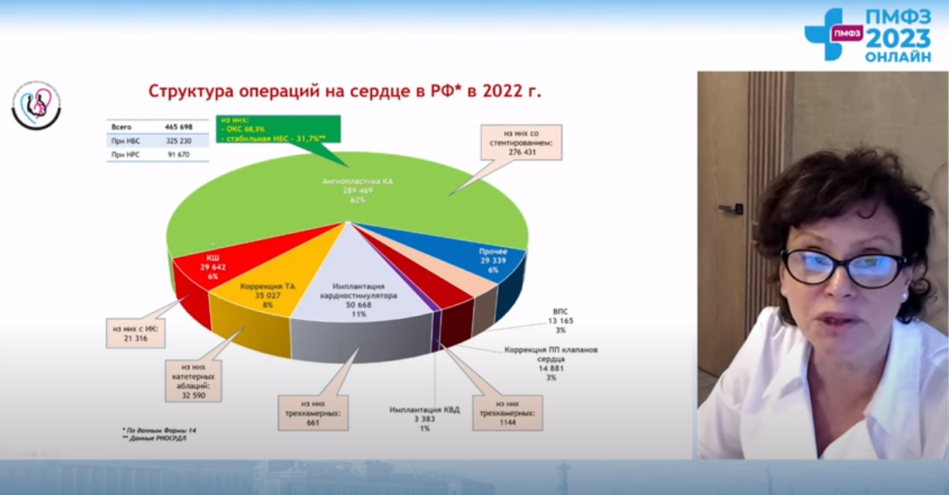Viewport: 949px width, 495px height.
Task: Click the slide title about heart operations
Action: click(345, 91)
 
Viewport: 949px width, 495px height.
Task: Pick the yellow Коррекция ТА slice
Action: click(267, 290)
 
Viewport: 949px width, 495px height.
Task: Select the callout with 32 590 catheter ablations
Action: click(193, 379)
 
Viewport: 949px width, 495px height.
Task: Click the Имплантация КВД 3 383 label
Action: click(424, 418)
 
